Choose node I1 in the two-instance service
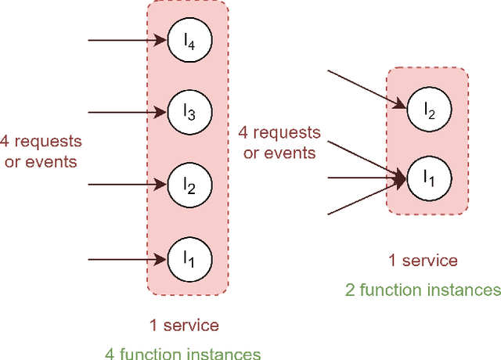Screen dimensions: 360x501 click(427, 178)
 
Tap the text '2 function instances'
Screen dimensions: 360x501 click(423, 290)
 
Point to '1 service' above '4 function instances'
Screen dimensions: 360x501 click(184, 324)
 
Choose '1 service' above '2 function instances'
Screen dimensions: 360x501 click(423, 261)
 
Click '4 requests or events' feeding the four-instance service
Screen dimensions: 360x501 click(40, 151)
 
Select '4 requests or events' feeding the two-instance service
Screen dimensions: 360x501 click(279, 142)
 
